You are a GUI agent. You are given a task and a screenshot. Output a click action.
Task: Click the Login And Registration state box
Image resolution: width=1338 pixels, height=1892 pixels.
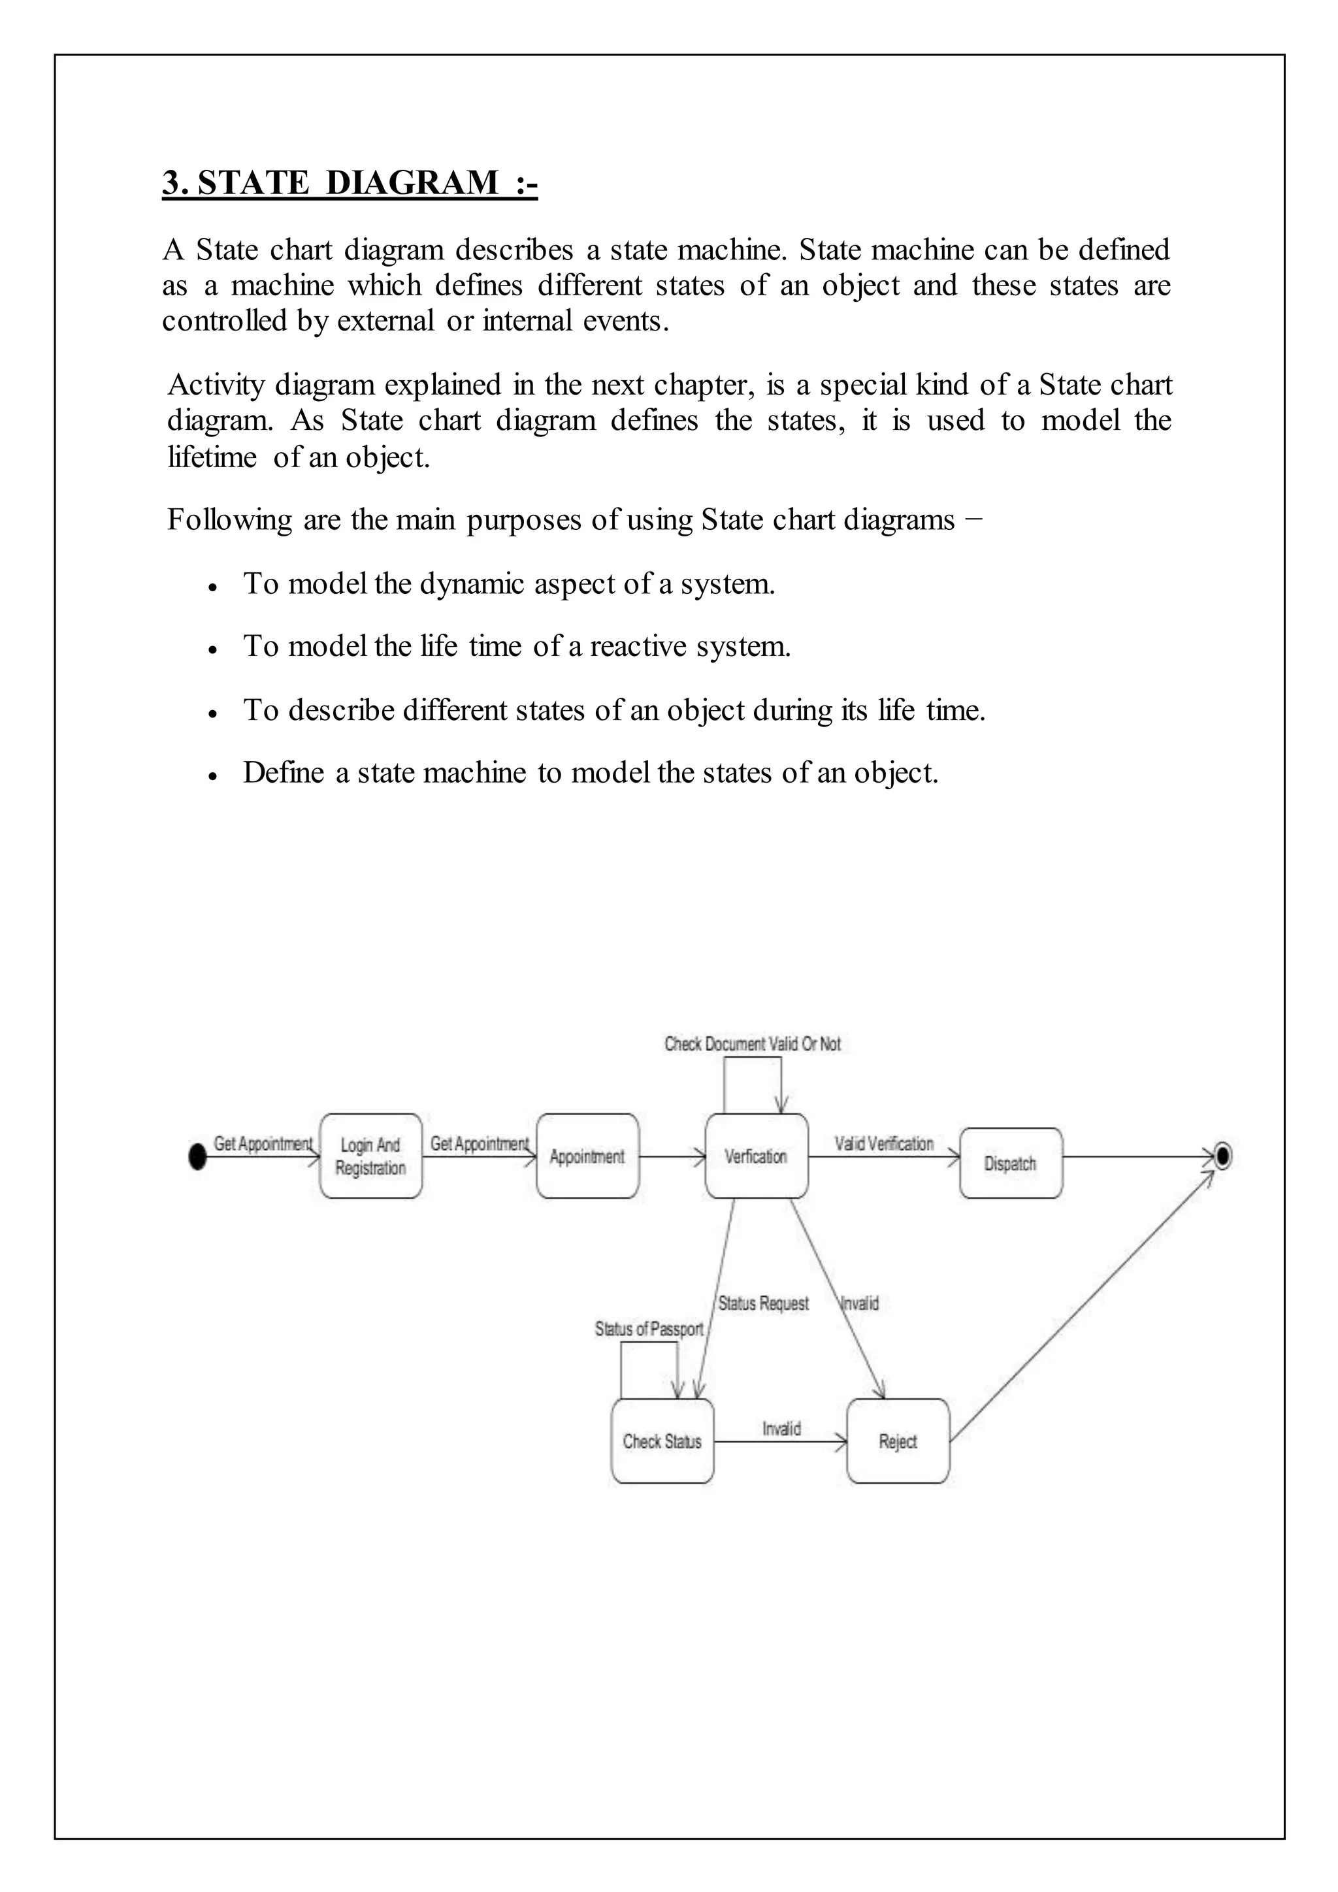pyautogui.click(x=370, y=1156)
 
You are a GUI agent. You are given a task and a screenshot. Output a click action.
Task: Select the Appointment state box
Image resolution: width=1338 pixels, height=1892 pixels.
pyautogui.click(x=587, y=1156)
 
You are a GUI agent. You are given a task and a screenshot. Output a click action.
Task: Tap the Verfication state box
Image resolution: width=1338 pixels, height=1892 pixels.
pyautogui.click(x=757, y=1156)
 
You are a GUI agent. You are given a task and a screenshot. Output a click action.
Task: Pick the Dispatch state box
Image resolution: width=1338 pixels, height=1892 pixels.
pyautogui.click(x=1011, y=1163)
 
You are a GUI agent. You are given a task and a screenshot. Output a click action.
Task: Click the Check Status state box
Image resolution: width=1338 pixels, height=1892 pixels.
pyautogui.click(x=662, y=1441)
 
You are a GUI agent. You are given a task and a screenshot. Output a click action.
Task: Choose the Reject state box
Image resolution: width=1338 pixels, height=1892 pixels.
pyautogui.click(x=898, y=1441)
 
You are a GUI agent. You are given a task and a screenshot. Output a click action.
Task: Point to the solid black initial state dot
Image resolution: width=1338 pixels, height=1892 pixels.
pyautogui.click(x=197, y=1157)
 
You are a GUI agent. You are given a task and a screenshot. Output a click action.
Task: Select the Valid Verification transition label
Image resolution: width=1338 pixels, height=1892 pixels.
pyautogui.click(x=883, y=1144)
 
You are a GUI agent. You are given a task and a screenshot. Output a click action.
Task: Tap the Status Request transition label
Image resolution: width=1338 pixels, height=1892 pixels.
pyautogui.click(x=763, y=1303)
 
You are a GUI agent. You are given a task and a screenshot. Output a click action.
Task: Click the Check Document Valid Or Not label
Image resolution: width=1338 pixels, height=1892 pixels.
pyautogui.click(x=752, y=1044)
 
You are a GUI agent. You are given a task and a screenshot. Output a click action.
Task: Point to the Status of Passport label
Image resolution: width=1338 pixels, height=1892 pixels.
pyautogui.click(x=649, y=1329)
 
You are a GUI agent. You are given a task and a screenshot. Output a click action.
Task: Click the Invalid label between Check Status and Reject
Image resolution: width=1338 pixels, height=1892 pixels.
pyautogui.click(x=781, y=1429)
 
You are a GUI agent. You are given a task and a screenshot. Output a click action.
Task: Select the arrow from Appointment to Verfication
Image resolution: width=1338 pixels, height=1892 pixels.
pyautogui.click(x=672, y=1157)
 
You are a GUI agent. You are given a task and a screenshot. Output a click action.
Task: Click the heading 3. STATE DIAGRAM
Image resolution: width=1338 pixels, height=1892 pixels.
pyautogui.click(x=350, y=182)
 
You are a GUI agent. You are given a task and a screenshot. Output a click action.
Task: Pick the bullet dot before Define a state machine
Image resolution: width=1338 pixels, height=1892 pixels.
pyautogui.click(x=212, y=775)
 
